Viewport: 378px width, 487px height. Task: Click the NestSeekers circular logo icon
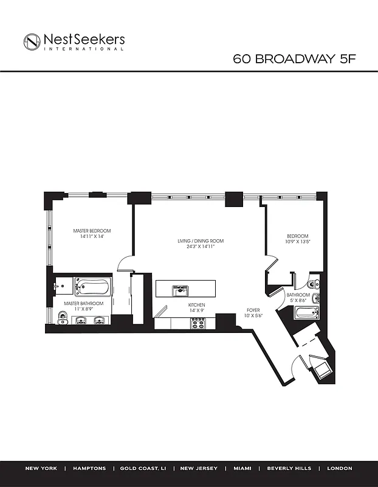pyautogui.click(x=32, y=41)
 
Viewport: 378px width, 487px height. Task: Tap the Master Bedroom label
pyautogui.click(x=92, y=231)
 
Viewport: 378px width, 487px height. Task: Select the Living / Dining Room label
pyautogui.click(x=201, y=241)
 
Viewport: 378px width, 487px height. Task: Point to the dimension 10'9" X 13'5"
pyautogui.click(x=298, y=242)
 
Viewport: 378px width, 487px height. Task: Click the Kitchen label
pyautogui.click(x=196, y=304)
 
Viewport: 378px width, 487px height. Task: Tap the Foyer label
pyautogui.click(x=253, y=310)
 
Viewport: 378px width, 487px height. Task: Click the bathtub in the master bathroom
pyautogui.click(x=93, y=286)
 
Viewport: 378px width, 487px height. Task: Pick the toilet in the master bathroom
pyautogui.click(x=63, y=317)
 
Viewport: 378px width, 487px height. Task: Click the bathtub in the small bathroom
pyautogui.click(x=306, y=314)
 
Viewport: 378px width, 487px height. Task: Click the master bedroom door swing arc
pyautogui.click(x=125, y=262)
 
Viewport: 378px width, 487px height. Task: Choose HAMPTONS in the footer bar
pyautogui.click(x=89, y=469)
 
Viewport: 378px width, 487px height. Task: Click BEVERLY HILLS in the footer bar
pyautogui.click(x=289, y=469)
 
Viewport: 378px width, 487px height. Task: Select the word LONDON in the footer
pyautogui.click(x=339, y=469)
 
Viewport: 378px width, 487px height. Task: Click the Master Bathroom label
pyautogui.click(x=84, y=303)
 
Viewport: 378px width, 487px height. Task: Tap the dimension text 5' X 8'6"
pyautogui.click(x=298, y=300)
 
